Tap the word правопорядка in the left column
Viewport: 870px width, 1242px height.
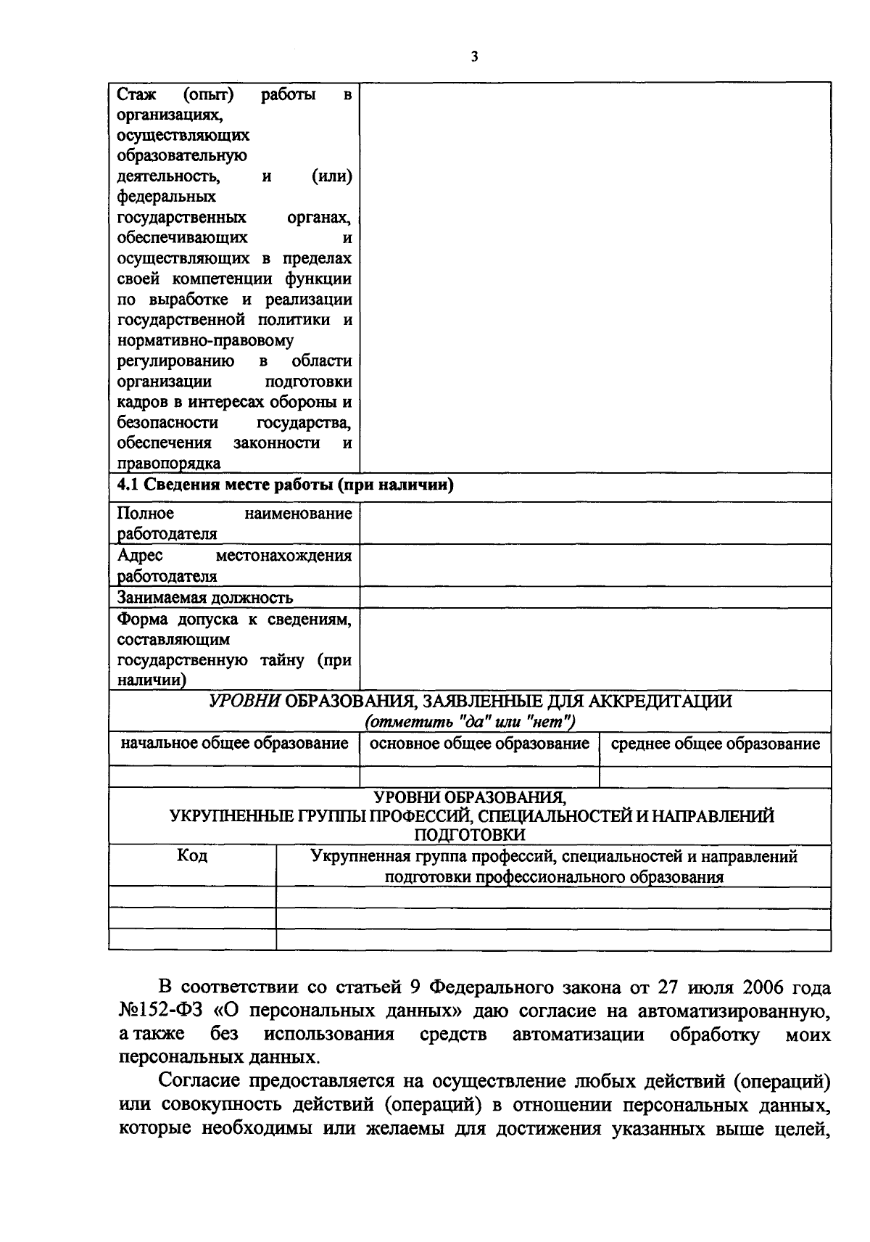[x=169, y=464]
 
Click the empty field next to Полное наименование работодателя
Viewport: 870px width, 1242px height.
[x=594, y=523]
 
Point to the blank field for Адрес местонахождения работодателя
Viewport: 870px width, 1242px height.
[x=594, y=565]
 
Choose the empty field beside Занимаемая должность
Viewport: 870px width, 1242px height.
[x=594, y=597]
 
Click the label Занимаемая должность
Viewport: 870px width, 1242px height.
[x=205, y=598]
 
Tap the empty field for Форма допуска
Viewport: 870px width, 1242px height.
[x=594, y=649]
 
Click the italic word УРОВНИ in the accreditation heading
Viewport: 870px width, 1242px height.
[x=245, y=702]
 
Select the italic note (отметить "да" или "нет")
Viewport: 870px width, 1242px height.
[x=470, y=721]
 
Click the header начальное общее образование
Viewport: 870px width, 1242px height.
[x=234, y=744]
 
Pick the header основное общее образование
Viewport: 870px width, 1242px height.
[x=479, y=744]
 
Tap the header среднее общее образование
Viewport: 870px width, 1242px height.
[x=716, y=744]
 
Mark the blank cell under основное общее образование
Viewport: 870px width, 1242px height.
[x=479, y=777]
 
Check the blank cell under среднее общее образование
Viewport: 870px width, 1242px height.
[x=716, y=777]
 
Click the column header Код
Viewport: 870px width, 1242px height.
[x=192, y=856]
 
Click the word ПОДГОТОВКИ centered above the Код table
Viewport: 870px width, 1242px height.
[x=470, y=834]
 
